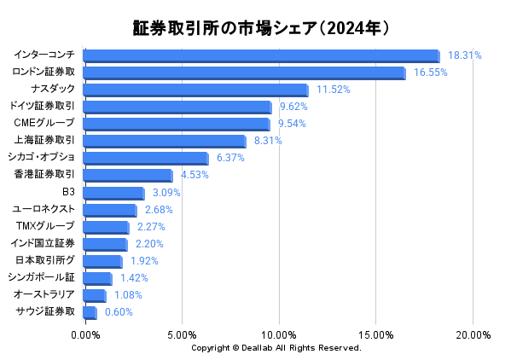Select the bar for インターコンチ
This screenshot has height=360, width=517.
262,55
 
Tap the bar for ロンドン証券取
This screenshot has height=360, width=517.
245,73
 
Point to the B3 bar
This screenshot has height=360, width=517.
114,193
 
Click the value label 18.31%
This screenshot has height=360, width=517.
465,55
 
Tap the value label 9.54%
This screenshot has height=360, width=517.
292,124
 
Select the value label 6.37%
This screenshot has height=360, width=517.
230,158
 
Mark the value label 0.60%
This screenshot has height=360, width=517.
119,312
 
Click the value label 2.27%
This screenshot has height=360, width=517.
151,227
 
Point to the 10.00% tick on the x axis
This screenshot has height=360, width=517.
280,335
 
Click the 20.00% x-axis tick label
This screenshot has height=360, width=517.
473,335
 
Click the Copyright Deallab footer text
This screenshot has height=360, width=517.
276,348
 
